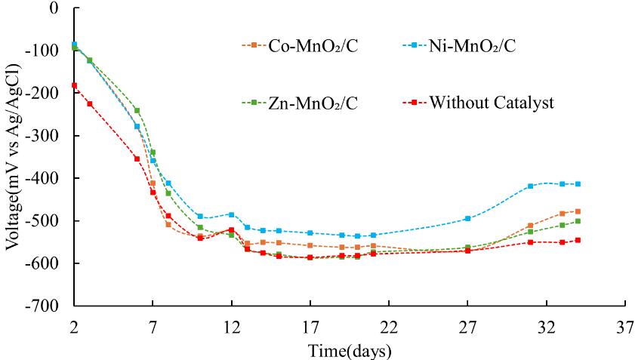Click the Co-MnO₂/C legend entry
tap(300, 45)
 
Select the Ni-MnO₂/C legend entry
tap(459, 45)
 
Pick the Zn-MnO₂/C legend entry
tap(300, 103)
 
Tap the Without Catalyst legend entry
tap(478, 103)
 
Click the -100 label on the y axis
tap(42, 51)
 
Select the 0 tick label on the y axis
tap(54, 8)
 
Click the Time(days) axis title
tap(350, 350)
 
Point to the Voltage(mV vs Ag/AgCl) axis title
tap(13, 157)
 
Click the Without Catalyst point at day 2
tap(74, 85)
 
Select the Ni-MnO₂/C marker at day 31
tap(531, 186)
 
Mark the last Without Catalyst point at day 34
tap(578, 240)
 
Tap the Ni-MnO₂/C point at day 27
tap(467, 219)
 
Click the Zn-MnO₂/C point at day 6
tap(137, 110)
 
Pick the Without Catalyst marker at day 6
tap(137, 159)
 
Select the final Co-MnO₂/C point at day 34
tap(578, 211)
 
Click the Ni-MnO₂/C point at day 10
tap(200, 217)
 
